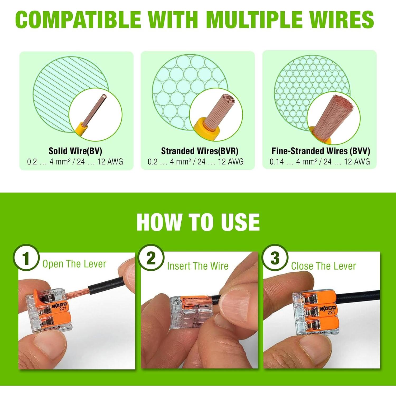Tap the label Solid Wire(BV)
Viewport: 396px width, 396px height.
tap(75, 151)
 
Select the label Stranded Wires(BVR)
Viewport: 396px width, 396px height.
tap(200, 151)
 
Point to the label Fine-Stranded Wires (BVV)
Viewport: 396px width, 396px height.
tap(320, 151)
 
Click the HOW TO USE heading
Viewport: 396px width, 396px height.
tap(198, 222)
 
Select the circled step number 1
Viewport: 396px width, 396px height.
tap(26, 258)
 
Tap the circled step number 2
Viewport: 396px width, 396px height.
tap(151, 258)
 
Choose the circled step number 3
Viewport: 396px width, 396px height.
tap(275, 258)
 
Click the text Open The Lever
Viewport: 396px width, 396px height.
tap(74, 264)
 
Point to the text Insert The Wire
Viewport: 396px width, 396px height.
tap(197, 266)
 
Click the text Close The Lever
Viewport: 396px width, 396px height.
tap(323, 266)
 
